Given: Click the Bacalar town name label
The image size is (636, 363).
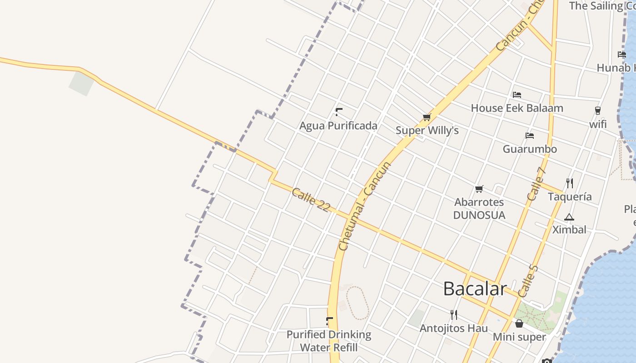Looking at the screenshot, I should click(x=475, y=289).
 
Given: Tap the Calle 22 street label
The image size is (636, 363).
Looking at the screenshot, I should click(x=311, y=200).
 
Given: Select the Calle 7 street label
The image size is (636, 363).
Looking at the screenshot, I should click(x=536, y=184).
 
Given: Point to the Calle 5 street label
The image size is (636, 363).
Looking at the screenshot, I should click(x=528, y=281).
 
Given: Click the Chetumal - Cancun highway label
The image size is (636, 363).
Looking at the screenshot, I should click(x=365, y=206).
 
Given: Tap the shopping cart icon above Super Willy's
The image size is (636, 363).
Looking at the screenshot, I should click(x=427, y=118).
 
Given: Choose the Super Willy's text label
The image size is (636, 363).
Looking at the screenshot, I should click(x=427, y=131).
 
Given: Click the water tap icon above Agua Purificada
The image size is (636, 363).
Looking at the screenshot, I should click(x=338, y=112).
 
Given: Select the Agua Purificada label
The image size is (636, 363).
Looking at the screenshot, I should click(x=338, y=126).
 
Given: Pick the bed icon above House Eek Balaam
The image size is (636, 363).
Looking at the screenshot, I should click(x=517, y=95).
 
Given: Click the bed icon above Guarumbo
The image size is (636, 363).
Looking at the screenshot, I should click(x=529, y=136).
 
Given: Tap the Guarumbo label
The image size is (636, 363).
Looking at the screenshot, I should click(x=529, y=149).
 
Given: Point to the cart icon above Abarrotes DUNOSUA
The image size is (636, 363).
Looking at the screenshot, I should click(x=479, y=189).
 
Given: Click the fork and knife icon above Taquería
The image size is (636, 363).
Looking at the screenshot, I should click(x=570, y=183).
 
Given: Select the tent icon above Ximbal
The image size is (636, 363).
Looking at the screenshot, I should click(x=569, y=217).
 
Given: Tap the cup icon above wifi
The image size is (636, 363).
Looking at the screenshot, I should click(x=598, y=111).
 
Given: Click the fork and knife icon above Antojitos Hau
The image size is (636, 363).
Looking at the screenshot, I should click(x=453, y=314).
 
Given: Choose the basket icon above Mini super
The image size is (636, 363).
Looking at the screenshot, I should click(x=519, y=324).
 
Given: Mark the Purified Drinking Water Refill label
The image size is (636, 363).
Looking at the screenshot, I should click(x=328, y=341).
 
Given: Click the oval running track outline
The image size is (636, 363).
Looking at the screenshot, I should click(x=358, y=303).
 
